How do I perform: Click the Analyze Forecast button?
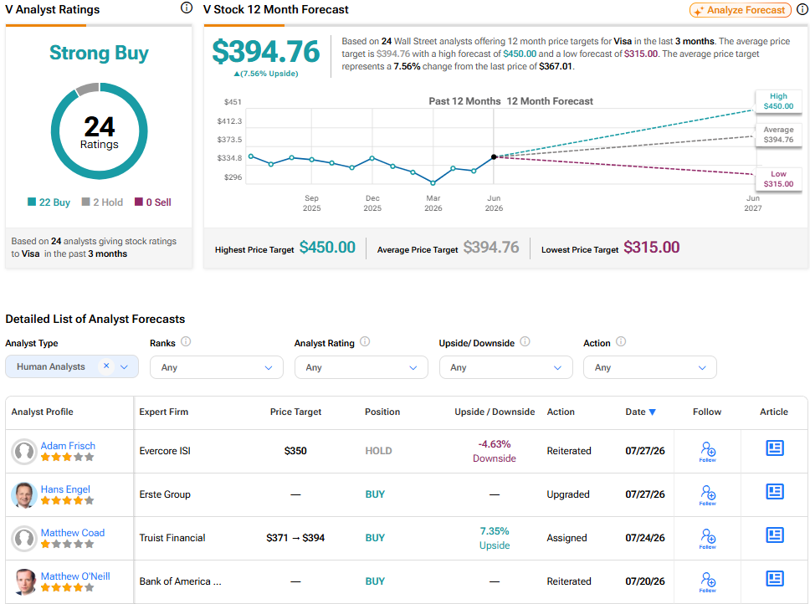coord(741,10)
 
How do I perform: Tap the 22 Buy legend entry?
coord(49,202)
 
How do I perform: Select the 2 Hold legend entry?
coord(102,202)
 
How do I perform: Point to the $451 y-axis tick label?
coord(233,102)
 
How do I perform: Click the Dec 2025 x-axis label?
coord(372,203)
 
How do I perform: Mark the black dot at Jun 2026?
coord(494,157)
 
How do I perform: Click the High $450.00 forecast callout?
coord(778,101)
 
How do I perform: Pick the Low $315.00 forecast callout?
coord(778,179)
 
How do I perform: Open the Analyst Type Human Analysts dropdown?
coord(72,366)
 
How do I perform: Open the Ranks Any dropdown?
coord(217,367)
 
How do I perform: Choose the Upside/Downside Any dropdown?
coord(505,367)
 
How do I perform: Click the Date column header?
coord(641,412)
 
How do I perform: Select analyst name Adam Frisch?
coord(68,445)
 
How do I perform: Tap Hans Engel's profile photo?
coord(23,494)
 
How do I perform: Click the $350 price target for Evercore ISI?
coord(295,451)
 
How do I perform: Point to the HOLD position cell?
coord(379,451)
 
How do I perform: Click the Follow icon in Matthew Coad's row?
coord(708,538)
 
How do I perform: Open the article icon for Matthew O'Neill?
coord(774,578)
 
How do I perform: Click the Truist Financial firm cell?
coord(172,537)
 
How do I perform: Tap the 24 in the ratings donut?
coord(100,126)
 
